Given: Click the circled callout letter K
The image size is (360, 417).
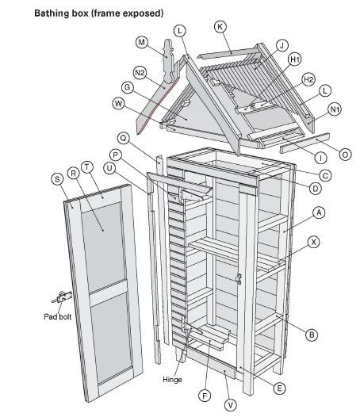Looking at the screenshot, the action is click(220, 27).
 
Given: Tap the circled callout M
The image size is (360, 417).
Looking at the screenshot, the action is click(142, 42).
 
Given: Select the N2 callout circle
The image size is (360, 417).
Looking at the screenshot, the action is click(140, 73).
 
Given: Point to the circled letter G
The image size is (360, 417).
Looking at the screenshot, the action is click(128, 87).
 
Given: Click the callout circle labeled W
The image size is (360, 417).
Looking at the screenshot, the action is click(118, 104).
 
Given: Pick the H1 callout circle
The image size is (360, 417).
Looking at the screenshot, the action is click(295, 59).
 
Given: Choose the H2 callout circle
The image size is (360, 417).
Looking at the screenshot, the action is click(308, 79).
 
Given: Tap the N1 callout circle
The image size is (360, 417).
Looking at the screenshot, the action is click(335, 109).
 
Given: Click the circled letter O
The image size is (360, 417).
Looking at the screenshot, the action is click(345, 155).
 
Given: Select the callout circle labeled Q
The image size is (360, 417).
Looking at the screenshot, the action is click(124, 138).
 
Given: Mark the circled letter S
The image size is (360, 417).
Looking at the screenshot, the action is click(57, 179).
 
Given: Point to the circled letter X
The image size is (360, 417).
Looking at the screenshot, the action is click(314, 243).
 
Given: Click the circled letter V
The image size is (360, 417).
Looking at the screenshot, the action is click(231, 405).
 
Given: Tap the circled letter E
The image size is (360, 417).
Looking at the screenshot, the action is click(279, 388).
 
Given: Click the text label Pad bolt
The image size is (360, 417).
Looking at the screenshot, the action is click(58, 317).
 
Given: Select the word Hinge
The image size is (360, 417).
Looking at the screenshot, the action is click(172, 379).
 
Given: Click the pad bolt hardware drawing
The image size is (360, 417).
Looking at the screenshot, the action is click(62, 297).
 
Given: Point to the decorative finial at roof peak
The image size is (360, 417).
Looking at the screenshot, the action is click(168, 60).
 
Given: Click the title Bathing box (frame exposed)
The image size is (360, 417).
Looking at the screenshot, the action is click(99, 13).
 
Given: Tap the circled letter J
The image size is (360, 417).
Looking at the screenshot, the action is click(281, 45).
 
